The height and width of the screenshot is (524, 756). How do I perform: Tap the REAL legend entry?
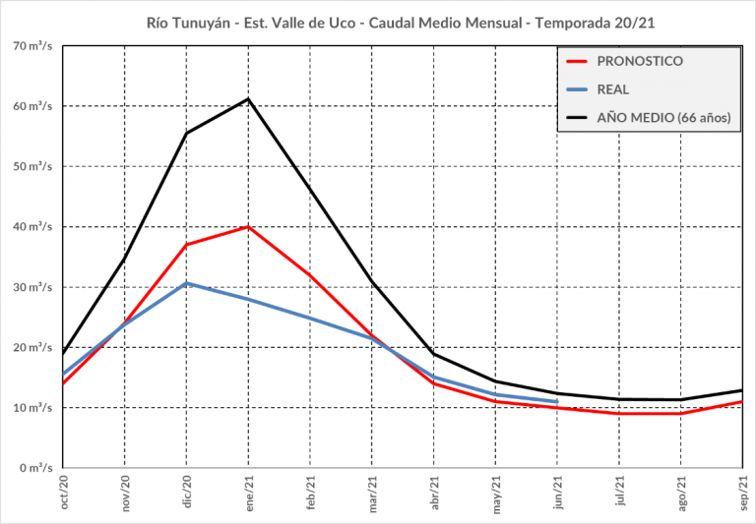[613, 89]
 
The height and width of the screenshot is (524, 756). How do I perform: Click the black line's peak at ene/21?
[249, 98]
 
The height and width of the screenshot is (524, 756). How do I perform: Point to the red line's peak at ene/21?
[249, 227]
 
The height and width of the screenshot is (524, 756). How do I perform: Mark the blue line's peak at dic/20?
[187, 283]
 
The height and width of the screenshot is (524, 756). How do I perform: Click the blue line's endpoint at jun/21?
[557, 402]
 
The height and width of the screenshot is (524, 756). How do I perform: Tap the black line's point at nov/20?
[125, 259]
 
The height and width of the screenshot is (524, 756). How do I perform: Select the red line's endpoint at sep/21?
[741, 402]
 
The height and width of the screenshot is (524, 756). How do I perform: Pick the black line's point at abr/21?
[434, 354]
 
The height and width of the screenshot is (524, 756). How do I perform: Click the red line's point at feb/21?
[311, 275]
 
